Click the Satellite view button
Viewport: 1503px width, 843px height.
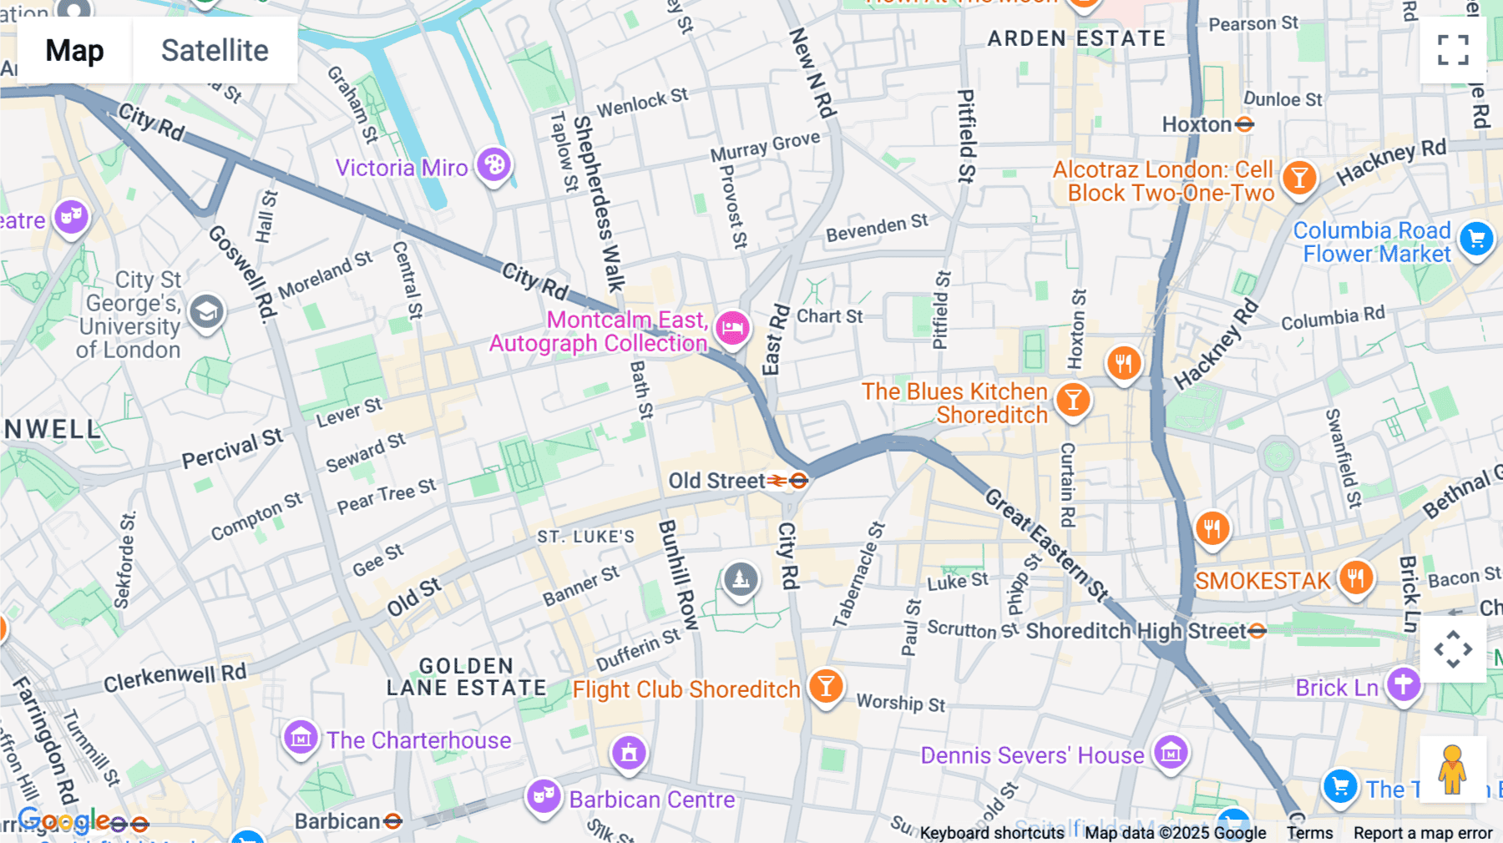(x=215, y=51)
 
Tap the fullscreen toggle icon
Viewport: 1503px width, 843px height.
(x=1453, y=50)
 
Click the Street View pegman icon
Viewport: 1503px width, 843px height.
(x=1453, y=769)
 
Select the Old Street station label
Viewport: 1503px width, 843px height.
(x=716, y=481)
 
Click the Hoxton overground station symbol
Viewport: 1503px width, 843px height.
(x=1244, y=124)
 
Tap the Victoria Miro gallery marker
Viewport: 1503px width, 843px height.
(x=493, y=165)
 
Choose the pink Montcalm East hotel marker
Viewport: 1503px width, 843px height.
(x=732, y=328)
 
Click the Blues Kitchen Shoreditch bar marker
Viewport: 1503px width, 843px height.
(x=1073, y=401)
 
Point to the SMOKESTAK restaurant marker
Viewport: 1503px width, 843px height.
(x=1356, y=578)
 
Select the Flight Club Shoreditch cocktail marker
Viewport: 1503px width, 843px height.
(x=826, y=686)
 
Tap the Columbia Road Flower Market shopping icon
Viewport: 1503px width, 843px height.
(x=1476, y=240)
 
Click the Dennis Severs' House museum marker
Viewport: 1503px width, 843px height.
(x=1171, y=754)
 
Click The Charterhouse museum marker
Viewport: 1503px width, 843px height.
(x=301, y=738)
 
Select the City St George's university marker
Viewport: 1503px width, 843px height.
(x=206, y=313)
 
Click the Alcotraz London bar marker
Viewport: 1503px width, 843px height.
(x=1298, y=178)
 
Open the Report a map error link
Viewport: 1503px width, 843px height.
(x=1422, y=833)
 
